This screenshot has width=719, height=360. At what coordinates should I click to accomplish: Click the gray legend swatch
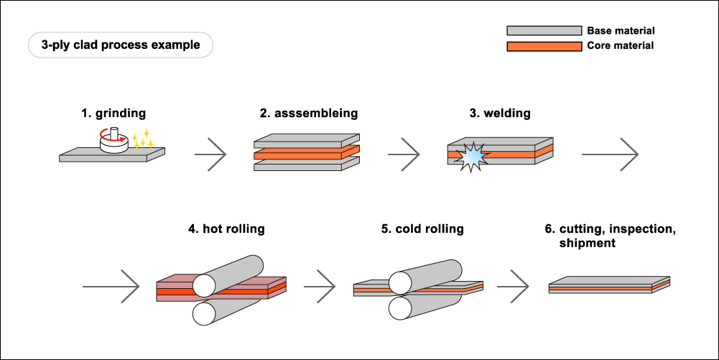544,31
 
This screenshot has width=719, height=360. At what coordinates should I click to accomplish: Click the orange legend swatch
544,47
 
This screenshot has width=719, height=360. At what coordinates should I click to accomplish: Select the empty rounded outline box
121,45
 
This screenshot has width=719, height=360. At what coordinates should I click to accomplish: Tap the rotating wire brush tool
113,141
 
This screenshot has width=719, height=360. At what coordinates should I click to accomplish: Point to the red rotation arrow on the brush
103,133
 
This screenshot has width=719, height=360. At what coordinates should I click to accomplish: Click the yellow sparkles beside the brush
142,139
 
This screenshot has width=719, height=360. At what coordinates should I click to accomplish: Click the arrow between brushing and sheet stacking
211,154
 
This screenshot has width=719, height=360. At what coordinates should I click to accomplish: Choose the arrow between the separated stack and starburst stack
404,154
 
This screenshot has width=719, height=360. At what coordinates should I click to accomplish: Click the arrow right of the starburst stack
611,154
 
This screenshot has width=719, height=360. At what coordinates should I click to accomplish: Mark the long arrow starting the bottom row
111,287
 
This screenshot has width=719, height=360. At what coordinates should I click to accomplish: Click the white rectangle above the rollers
396,247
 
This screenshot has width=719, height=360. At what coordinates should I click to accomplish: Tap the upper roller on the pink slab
228,275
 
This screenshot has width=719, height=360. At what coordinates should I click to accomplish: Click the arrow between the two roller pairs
320,287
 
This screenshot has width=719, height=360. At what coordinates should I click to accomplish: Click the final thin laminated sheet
608,285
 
